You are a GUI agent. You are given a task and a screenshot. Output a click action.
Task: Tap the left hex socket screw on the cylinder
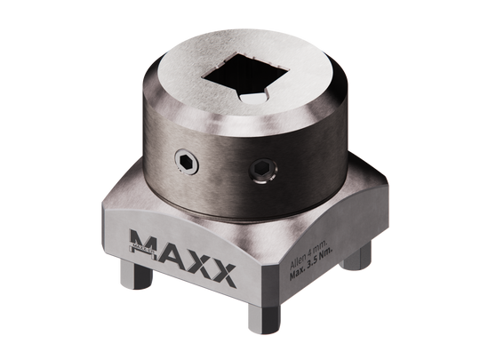[x=185, y=162]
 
